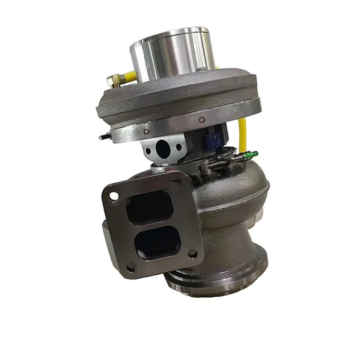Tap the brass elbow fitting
pyautogui.click(x=113, y=80)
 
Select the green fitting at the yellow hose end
pyautogui.click(x=250, y=155)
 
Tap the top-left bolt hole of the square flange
pyautogui.click(x=113, y=197)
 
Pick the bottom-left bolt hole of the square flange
pyautogui.click(x=131, y=268)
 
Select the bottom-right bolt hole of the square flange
pyautogui.click(x=193, y=254)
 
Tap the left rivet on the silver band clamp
pyautogui.click(x=146, y=131)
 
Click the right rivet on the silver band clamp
pyautogui.click(x=202, y=120)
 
